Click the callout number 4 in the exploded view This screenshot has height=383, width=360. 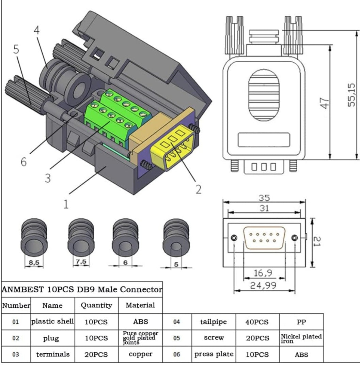[x=36, y=30]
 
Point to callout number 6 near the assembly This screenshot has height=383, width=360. [x=24, y=162]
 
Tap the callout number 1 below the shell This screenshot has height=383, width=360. [x=66, y=204]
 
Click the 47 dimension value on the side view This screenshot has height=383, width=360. [x=324, y=103]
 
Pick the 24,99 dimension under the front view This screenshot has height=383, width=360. [x=263, y=285]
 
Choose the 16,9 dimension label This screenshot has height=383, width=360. [x=263, y=273]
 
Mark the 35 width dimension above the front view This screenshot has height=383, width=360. [x=264, y=198]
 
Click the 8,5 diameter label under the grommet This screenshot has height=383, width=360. [x=34, y=263]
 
